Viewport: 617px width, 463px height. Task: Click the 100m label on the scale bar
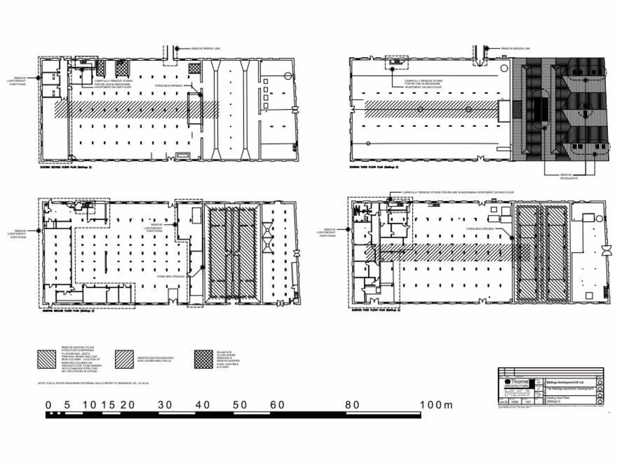(436, 405)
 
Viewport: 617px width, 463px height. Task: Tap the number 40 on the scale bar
(202, 405)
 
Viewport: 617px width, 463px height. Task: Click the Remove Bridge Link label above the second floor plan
(207, 48)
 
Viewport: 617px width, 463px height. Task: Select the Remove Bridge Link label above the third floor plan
(515, 48)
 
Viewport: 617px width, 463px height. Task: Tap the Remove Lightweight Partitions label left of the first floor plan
(330, 232)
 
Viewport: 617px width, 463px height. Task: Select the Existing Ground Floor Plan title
(67, 312)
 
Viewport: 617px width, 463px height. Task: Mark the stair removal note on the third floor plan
(423, 84)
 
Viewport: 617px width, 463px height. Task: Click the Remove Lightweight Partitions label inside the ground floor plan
(153, 227)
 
